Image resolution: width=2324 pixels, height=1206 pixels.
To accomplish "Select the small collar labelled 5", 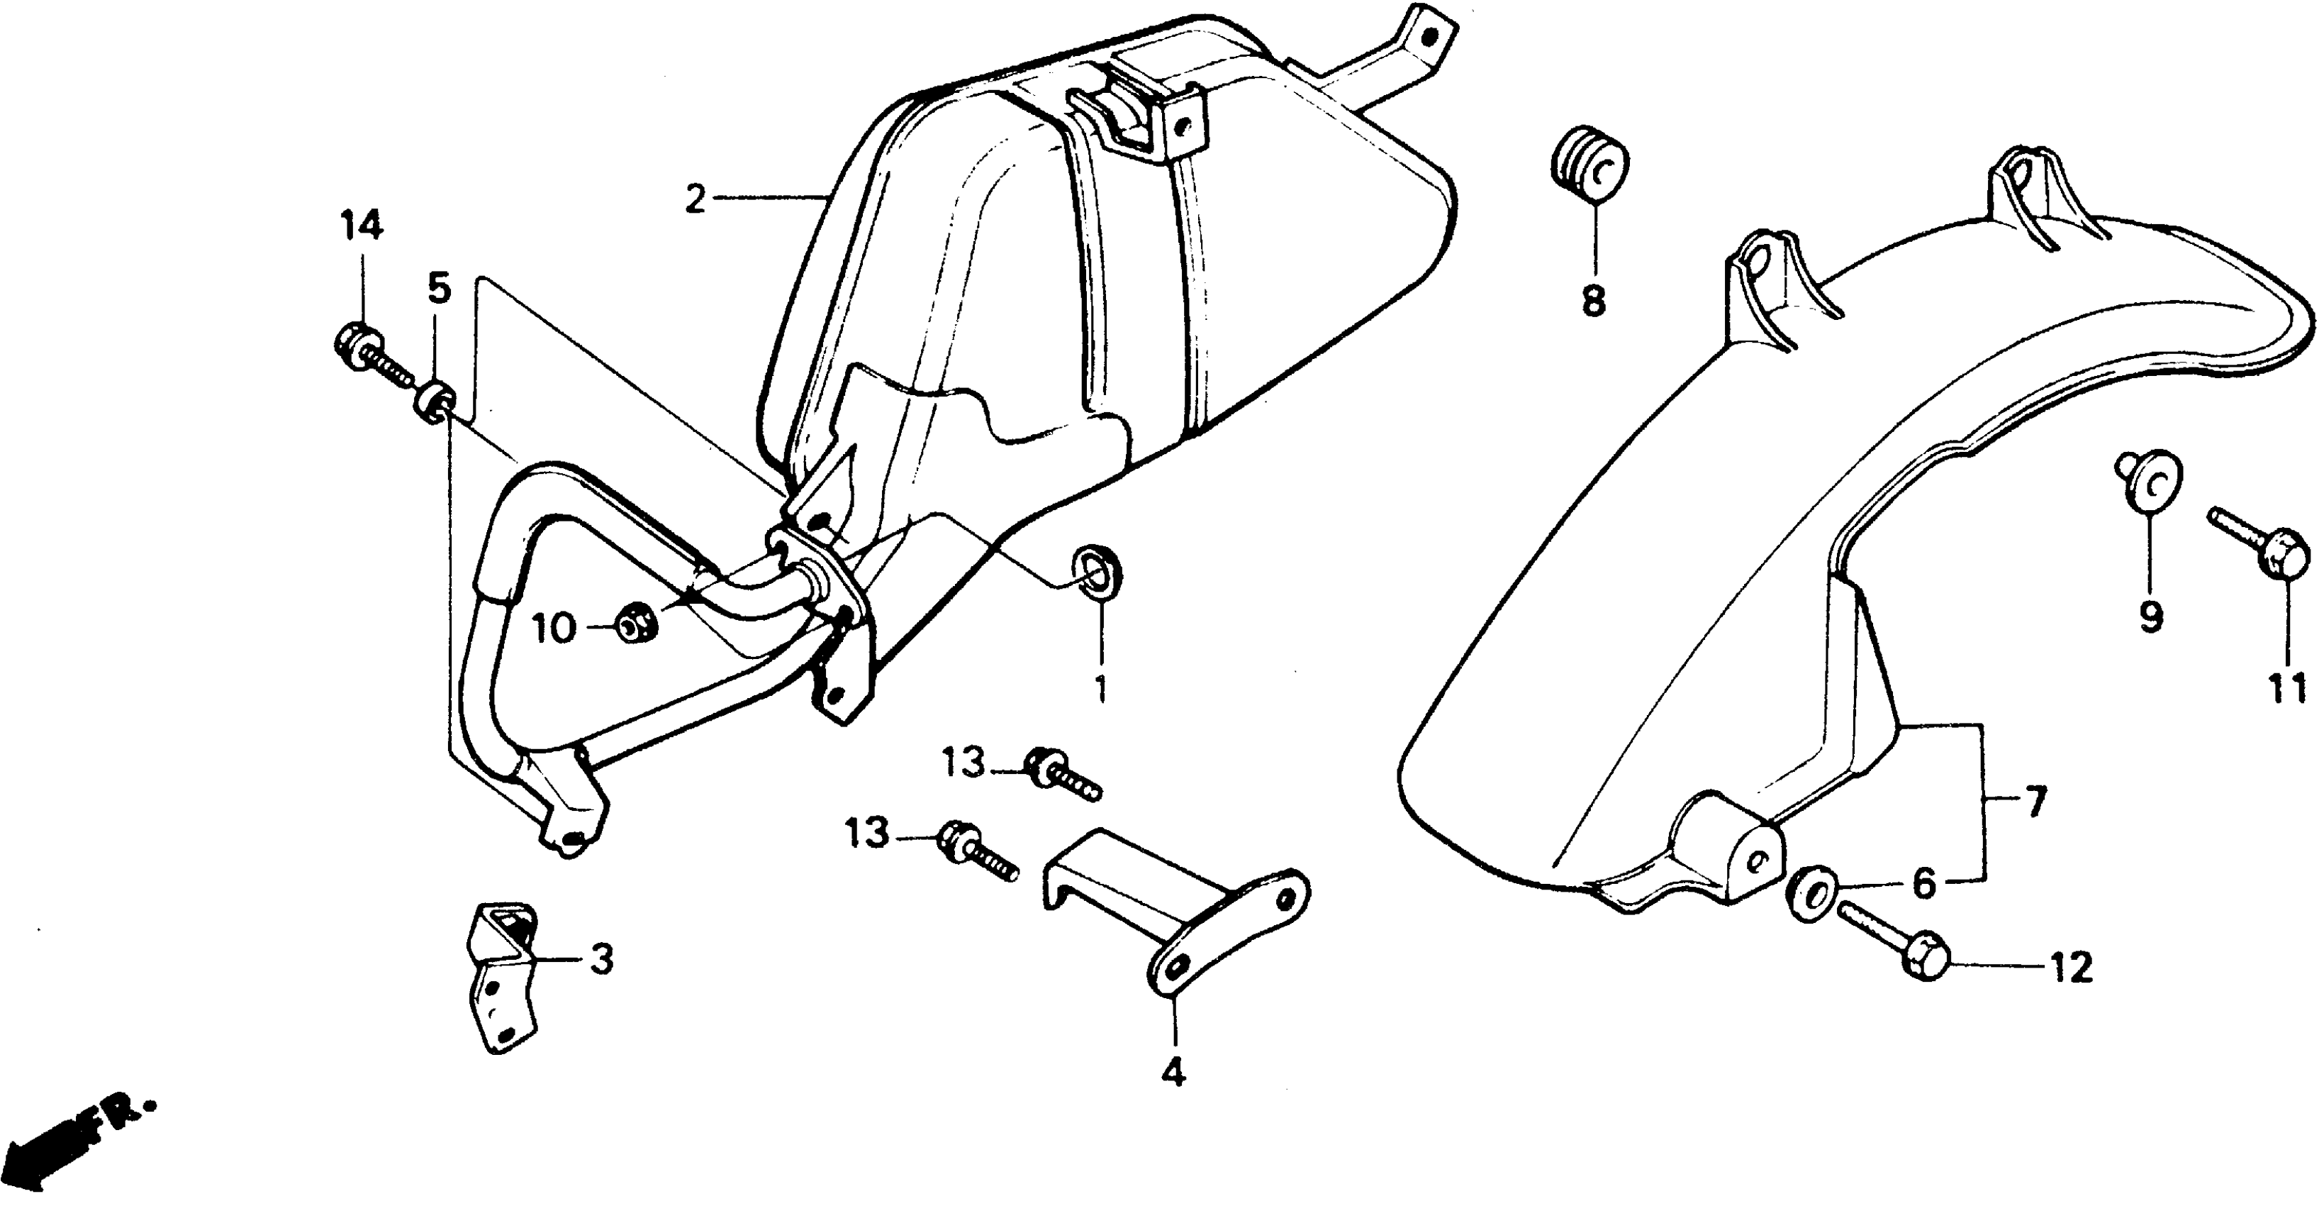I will (435, 401).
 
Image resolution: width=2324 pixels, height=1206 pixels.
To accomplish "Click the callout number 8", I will (1593, 301).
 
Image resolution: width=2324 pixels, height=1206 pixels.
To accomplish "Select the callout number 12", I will (2070, 968).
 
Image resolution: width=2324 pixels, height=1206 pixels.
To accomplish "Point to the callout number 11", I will (2287, 688).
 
